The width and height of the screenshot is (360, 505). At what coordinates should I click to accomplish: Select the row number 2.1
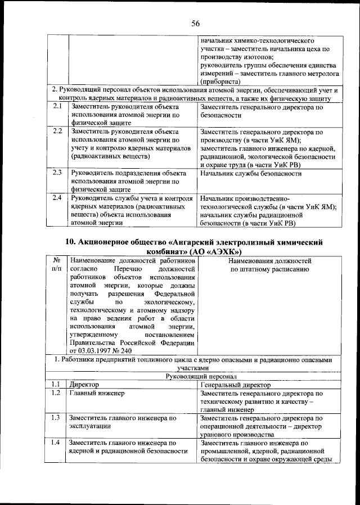coord(57,106)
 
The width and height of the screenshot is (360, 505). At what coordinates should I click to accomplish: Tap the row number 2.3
coord(57,173)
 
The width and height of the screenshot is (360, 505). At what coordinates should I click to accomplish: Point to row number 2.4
coord(57,198)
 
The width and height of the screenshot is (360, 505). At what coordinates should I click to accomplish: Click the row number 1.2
coord(55,394)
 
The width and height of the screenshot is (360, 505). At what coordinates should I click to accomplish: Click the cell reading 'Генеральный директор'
coord(232,385)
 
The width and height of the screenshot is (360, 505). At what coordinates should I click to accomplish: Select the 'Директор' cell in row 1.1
coord(84,385)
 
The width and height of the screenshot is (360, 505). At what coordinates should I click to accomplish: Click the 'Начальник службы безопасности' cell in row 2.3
coord(250,173)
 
